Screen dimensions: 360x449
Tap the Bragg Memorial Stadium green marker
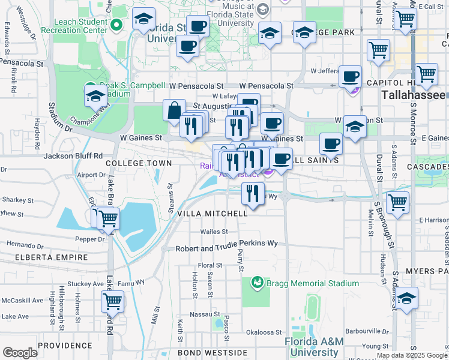click(x=258, y=281)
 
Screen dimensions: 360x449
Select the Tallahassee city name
click(x=414, y=96)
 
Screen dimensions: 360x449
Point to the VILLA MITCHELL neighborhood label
click(x=212, y=214)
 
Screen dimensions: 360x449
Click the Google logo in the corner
click(x=20, y=353)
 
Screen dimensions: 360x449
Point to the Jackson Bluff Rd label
click(x=74, y=156)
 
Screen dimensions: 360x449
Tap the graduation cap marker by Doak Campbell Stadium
click(x=96, y=97)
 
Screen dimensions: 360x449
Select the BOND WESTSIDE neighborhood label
click(x=203, y=352)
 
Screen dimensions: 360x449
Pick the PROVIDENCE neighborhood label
click(x=64, y=346)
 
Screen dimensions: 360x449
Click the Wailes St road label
click(x=214, y=232)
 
